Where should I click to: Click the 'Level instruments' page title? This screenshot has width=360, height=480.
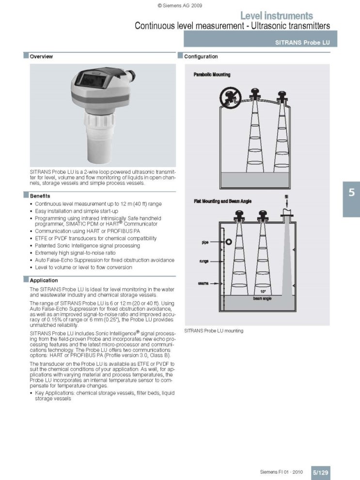point(276,16)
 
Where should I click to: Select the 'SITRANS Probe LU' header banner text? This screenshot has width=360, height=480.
point(302,43)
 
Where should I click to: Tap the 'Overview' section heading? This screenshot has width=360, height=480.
point(41,57)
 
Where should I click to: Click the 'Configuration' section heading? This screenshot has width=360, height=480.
point(201,57)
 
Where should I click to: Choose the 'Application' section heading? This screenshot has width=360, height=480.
point(44,280)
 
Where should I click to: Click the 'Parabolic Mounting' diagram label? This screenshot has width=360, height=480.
point(212,75)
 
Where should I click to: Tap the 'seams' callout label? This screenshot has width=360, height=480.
point(203,283)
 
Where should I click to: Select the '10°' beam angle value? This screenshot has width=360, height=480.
point(263,292)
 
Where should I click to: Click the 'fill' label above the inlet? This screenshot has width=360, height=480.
point(286,196)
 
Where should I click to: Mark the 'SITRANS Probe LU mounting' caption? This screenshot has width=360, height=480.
point(214,330)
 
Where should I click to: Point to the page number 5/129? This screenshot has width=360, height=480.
point(320,472)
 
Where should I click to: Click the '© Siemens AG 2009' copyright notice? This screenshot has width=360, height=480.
point(180,5)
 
